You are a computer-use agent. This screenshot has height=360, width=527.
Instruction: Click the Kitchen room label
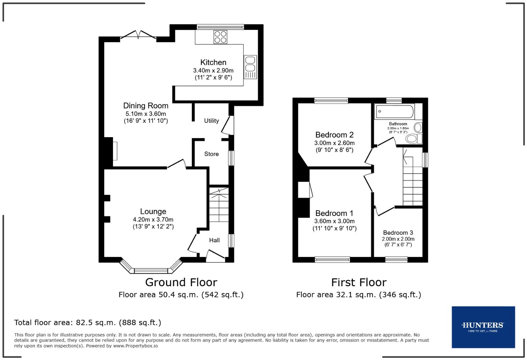point(213,62)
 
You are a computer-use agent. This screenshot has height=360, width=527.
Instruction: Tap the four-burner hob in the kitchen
point(220,37)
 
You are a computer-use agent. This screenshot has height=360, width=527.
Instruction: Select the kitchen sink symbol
point(250,67)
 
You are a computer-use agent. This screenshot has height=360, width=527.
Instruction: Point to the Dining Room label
point(146,105)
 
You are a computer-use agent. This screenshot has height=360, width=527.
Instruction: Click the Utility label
point(211,121)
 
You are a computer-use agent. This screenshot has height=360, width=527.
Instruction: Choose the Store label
point(211,154)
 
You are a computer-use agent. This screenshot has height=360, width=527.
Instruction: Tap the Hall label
point(214,240)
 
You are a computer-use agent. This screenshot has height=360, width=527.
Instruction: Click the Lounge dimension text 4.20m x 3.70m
point(153,220)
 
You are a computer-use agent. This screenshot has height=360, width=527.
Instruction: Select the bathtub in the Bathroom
point(395,112)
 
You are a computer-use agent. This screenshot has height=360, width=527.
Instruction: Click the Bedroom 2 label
point(334,135)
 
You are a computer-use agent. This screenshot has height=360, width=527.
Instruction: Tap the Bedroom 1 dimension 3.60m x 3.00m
point(334,221)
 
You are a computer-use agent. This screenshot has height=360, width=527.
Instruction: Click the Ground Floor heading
point(181,282)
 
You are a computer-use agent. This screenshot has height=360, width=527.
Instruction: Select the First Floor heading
point(359,282)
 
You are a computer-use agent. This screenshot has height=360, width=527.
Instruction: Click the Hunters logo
point(483,327)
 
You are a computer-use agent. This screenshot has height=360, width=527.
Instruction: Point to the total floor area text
point(87,323)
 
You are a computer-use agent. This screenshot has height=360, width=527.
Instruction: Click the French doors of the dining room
point(138,35)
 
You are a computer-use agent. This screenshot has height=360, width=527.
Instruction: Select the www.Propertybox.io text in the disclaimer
point(135,346)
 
